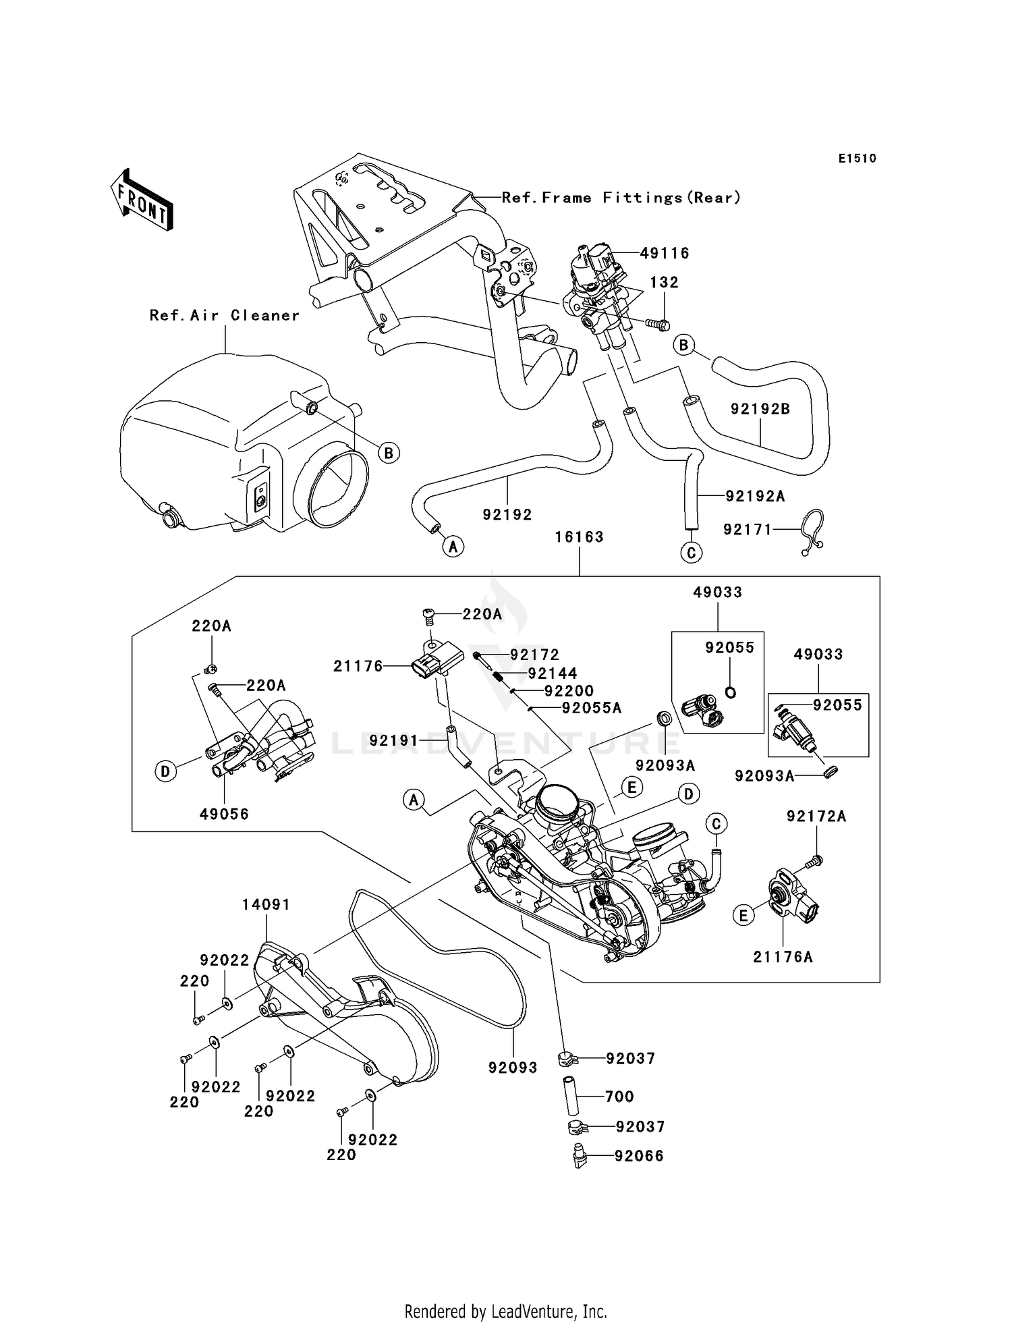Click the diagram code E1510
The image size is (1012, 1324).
point(858,159)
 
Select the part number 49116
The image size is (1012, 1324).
point(665,253)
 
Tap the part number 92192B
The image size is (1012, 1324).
point(760,409)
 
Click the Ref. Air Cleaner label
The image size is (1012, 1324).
point(225,315)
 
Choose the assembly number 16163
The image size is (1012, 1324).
point(579,536)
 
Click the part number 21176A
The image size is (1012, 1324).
point(783,956)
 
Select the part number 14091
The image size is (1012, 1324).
point(266,904)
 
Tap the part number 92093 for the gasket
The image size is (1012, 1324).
point(513,1068)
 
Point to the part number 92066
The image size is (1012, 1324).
point(639,1156)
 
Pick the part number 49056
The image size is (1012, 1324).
point(224,814)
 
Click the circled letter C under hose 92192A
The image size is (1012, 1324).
point(691,553)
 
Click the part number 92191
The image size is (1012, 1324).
point(394,741)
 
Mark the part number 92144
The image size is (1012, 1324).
point(553,673)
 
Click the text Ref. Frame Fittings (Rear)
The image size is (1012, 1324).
point(621,198)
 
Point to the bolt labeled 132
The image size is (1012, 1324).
point(657,325)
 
